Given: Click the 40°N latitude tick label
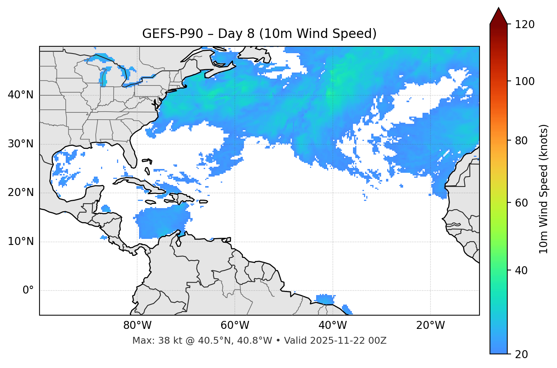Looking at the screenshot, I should [21, 95].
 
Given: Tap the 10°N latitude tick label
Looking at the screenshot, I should [21, 242].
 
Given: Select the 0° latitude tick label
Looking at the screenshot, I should [28, 291].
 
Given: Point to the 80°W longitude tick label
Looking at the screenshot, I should [137, 325].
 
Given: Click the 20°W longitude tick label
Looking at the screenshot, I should [430, 325].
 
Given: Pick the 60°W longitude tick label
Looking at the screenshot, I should [235, 325].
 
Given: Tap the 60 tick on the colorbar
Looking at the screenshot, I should [520, 203].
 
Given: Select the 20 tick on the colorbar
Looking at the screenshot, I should [520, 354].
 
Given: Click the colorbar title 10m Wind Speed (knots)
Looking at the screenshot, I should [544, 189].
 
